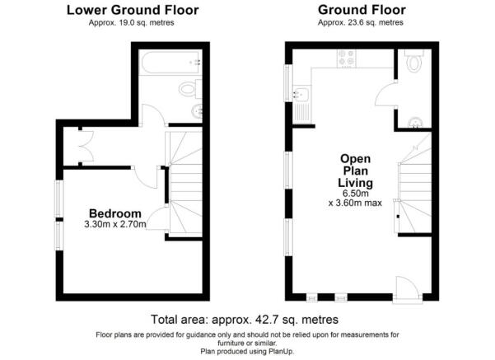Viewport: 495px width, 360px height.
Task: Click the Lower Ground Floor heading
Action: click(133, 10)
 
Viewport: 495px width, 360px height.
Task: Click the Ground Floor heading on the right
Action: click(362, 10)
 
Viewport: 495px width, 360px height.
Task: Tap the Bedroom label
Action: click(115, 213)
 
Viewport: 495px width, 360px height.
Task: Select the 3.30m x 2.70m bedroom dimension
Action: click(115, 225)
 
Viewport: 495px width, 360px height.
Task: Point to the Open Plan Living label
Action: click(356, 171)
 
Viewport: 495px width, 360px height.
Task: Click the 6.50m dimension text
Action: click(356, 194)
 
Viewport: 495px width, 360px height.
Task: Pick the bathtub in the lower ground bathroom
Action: click(170, 63)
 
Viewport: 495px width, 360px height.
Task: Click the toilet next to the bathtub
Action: click(190, 89)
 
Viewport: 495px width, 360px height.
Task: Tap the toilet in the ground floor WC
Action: click(413, 61)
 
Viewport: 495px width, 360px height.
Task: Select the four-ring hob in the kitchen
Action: click(346, 58)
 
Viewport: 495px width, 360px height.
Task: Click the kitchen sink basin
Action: click(301, 94)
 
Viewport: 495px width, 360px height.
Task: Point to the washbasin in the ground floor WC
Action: click(416, 123)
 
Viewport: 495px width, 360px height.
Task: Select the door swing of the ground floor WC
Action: click(386, 94)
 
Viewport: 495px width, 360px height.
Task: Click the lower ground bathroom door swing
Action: click(153, 115)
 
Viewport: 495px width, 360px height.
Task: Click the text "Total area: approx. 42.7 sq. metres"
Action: click(245, 320)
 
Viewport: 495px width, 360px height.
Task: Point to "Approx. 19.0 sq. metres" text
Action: click(131, 23)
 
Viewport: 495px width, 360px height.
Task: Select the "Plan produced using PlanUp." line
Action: click(247, 351)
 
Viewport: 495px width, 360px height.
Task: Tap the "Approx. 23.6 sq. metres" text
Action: click(361, 23)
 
